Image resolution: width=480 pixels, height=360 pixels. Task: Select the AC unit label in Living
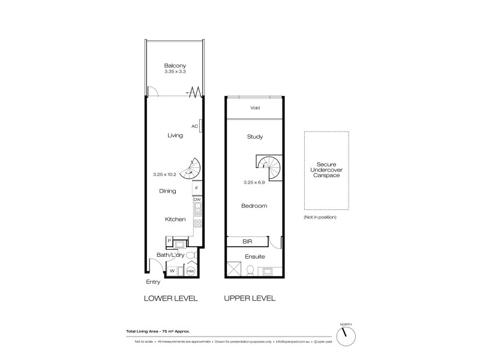[194, 126]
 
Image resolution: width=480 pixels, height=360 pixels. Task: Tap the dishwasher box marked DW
[196, 199]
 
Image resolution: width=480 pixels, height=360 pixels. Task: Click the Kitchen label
[175, 220]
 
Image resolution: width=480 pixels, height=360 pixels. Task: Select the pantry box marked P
[169, 240]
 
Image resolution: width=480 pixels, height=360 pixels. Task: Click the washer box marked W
[172, 271]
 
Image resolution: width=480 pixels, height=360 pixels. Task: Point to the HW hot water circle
[191, 271]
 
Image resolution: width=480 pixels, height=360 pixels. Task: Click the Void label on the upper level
[255, 109]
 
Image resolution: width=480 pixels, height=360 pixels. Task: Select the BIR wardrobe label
[246, 243]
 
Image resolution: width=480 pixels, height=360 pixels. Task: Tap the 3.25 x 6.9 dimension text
[255, 181]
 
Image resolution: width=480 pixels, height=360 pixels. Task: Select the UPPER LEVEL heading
[250, 298]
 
